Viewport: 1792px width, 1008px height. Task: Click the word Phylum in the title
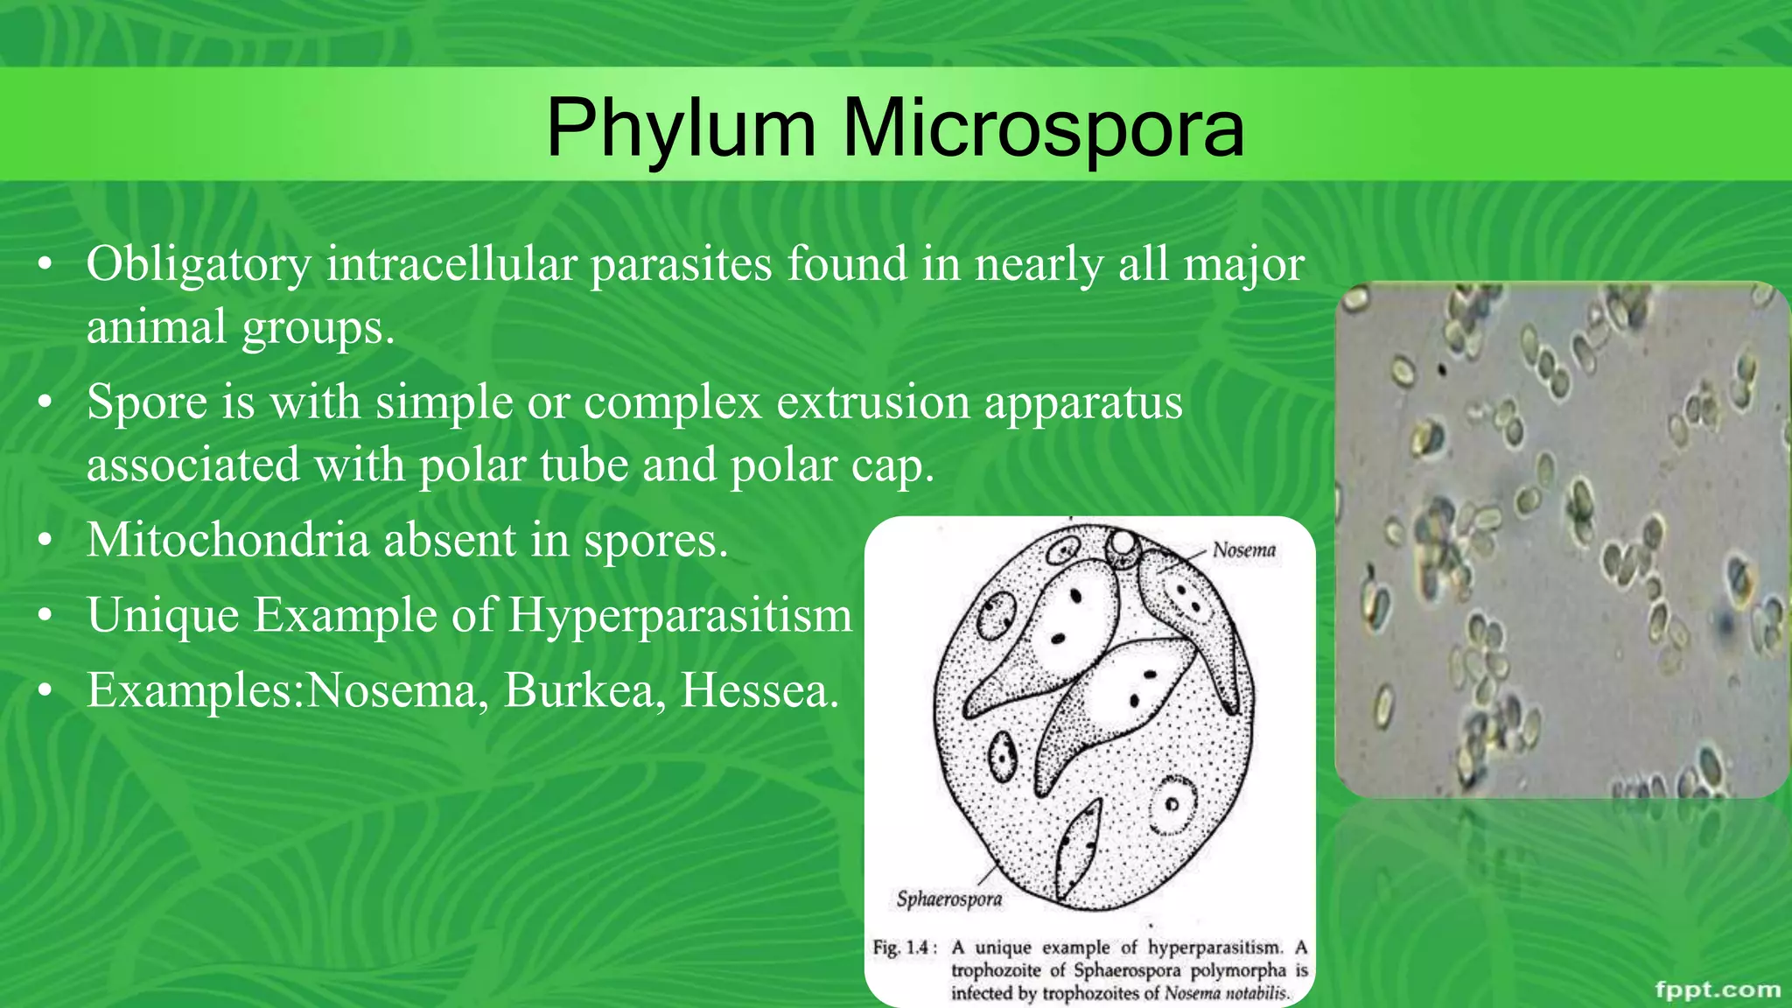click(681, 129)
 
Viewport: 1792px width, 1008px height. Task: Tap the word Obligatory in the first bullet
click(199, 264)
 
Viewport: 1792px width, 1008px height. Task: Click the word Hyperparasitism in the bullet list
click(680, 615)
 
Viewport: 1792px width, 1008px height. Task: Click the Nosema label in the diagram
click(1243, 550)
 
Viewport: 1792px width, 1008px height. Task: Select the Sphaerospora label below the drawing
click(948, 899)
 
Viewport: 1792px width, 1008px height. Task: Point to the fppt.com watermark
click(1718, 990)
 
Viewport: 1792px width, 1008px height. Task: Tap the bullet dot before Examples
click(46, 692)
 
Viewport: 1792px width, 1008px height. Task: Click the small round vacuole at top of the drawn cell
click(1123, 547)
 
